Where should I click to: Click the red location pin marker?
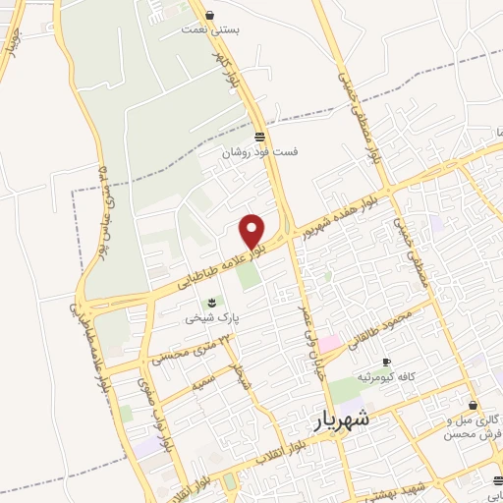[252, 229]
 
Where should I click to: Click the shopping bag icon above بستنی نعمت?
[210, 15]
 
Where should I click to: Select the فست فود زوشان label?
[258, 152]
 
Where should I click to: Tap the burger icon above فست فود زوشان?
[258, 136]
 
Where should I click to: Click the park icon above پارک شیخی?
[209, 302]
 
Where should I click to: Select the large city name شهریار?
[346, 418]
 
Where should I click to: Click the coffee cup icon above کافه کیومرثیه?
[386, 362]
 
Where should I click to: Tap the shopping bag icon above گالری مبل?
[474, 405]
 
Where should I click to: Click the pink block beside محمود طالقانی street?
[330, 343]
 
